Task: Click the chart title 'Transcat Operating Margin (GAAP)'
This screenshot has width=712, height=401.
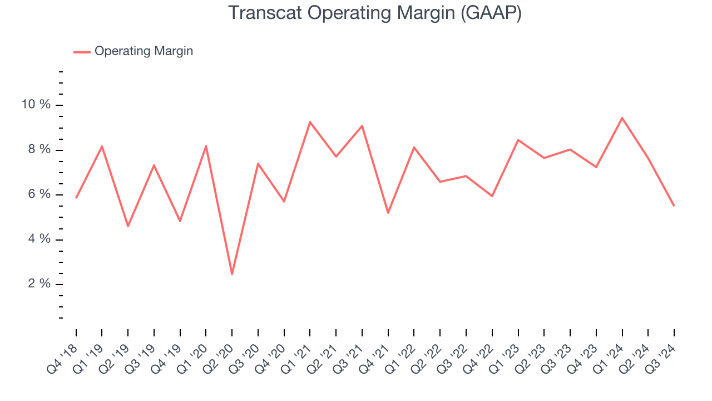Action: [x=374, y=13]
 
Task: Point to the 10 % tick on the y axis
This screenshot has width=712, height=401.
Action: [x=36, y=105]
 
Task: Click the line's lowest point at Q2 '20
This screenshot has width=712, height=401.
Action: [x=232, y=274]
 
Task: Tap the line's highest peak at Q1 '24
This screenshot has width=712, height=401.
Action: [x=622, y=118]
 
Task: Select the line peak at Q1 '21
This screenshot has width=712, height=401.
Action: [x=310, y=122]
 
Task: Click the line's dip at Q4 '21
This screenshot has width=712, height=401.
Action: [x=388, y=213]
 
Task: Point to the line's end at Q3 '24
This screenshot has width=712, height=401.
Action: [x=674, y=206]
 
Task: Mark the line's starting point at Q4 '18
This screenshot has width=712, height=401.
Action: [x=76, y=198]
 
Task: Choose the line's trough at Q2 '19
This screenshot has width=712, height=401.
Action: [x=128, y=226]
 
